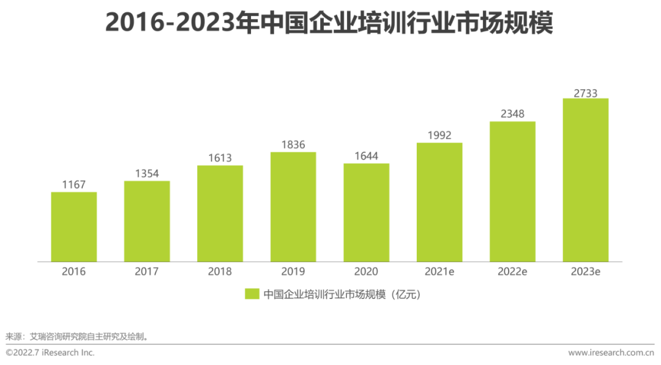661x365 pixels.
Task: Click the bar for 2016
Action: [x=73, y=227]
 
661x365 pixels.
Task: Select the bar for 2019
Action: [x=293, y=207]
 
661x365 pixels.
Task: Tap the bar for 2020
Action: [x=366, y=213]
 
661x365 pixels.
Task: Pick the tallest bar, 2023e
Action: [x=585, y=180]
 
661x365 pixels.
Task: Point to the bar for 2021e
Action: [x=439, y=202]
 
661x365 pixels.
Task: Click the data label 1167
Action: [x=73, y=184]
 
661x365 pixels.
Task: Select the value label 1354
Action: [x=147, y=173]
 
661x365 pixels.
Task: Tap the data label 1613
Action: [x=220, y=158]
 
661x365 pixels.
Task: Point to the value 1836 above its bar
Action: [x=293, y=144]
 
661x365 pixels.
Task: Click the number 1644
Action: [x=366, y=156]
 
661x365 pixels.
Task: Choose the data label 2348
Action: [x=512, y=114]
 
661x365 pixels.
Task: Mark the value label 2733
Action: [x=585, y=93]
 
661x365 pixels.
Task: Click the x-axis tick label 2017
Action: [x=147, y=271]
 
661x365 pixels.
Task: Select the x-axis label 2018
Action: [x=220, y=271]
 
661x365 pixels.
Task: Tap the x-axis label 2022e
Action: [x=512, y=271]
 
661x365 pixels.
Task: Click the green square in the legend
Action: [x=252, y=294]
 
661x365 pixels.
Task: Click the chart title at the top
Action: [x=329, y=23]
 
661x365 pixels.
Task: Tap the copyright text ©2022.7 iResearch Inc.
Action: [x=50, y=353]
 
